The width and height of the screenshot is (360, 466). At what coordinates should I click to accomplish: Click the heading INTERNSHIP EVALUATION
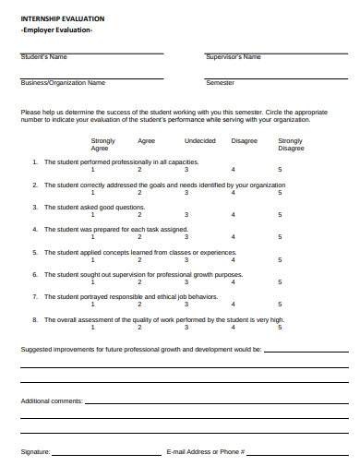(63, 18)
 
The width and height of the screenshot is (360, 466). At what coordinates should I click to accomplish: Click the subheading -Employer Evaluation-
(56, 30)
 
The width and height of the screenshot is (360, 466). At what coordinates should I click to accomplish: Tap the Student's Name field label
(44, 57)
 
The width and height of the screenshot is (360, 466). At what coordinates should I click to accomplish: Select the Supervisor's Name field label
(233, 57)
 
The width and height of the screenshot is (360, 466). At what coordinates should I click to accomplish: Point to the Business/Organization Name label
(63, 82)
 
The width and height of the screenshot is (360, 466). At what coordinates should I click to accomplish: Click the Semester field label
(220, 82)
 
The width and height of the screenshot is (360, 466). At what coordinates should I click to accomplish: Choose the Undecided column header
(200, 140)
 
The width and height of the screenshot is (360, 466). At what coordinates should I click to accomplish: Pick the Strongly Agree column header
(103, 144)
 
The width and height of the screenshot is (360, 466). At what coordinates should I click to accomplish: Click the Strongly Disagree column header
(291, 144)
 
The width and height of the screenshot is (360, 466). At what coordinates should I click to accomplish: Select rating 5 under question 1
(280, 170)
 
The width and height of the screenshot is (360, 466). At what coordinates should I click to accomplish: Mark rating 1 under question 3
(92, 215)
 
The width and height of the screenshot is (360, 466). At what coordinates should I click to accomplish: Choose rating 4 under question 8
(233, 328)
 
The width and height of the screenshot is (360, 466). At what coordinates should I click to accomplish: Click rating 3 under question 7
(186, 305)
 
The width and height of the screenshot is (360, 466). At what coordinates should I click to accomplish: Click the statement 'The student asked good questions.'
(95, 207)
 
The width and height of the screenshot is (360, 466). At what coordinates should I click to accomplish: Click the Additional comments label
(52, 401)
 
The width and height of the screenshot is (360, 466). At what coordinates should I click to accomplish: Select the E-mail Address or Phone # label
(205, 452)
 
